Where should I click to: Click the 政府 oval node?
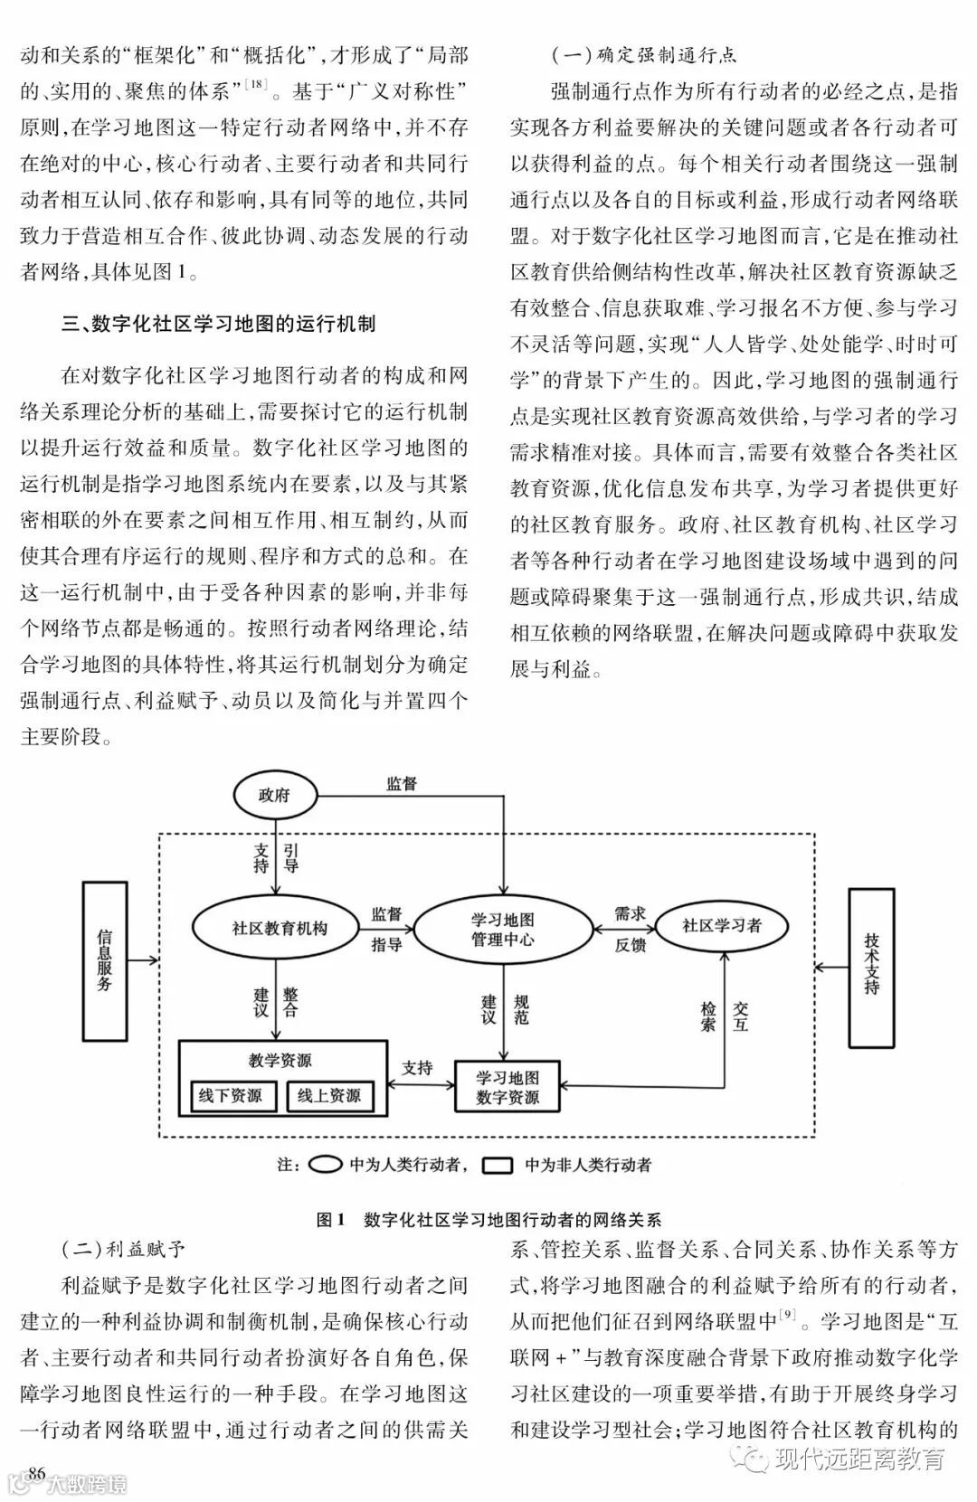[274, 796]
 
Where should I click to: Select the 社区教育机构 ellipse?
[279, 928]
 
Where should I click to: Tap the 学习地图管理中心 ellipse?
[502, 929]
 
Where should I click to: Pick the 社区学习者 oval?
[722, 925]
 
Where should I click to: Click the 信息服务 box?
[105, 959]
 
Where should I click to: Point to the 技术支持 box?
[871, 968]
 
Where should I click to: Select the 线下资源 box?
[230, 1096]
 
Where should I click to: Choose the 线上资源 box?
[328, 1096]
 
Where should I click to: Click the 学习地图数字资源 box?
[507, 1088]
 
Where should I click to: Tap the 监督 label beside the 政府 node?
[401, 784]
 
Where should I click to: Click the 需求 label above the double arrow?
[630, 913]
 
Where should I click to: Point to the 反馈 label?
[630, 945]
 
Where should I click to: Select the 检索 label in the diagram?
[709, 1016]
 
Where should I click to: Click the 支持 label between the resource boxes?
[417, 1068]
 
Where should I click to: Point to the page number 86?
[36, 1473]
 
